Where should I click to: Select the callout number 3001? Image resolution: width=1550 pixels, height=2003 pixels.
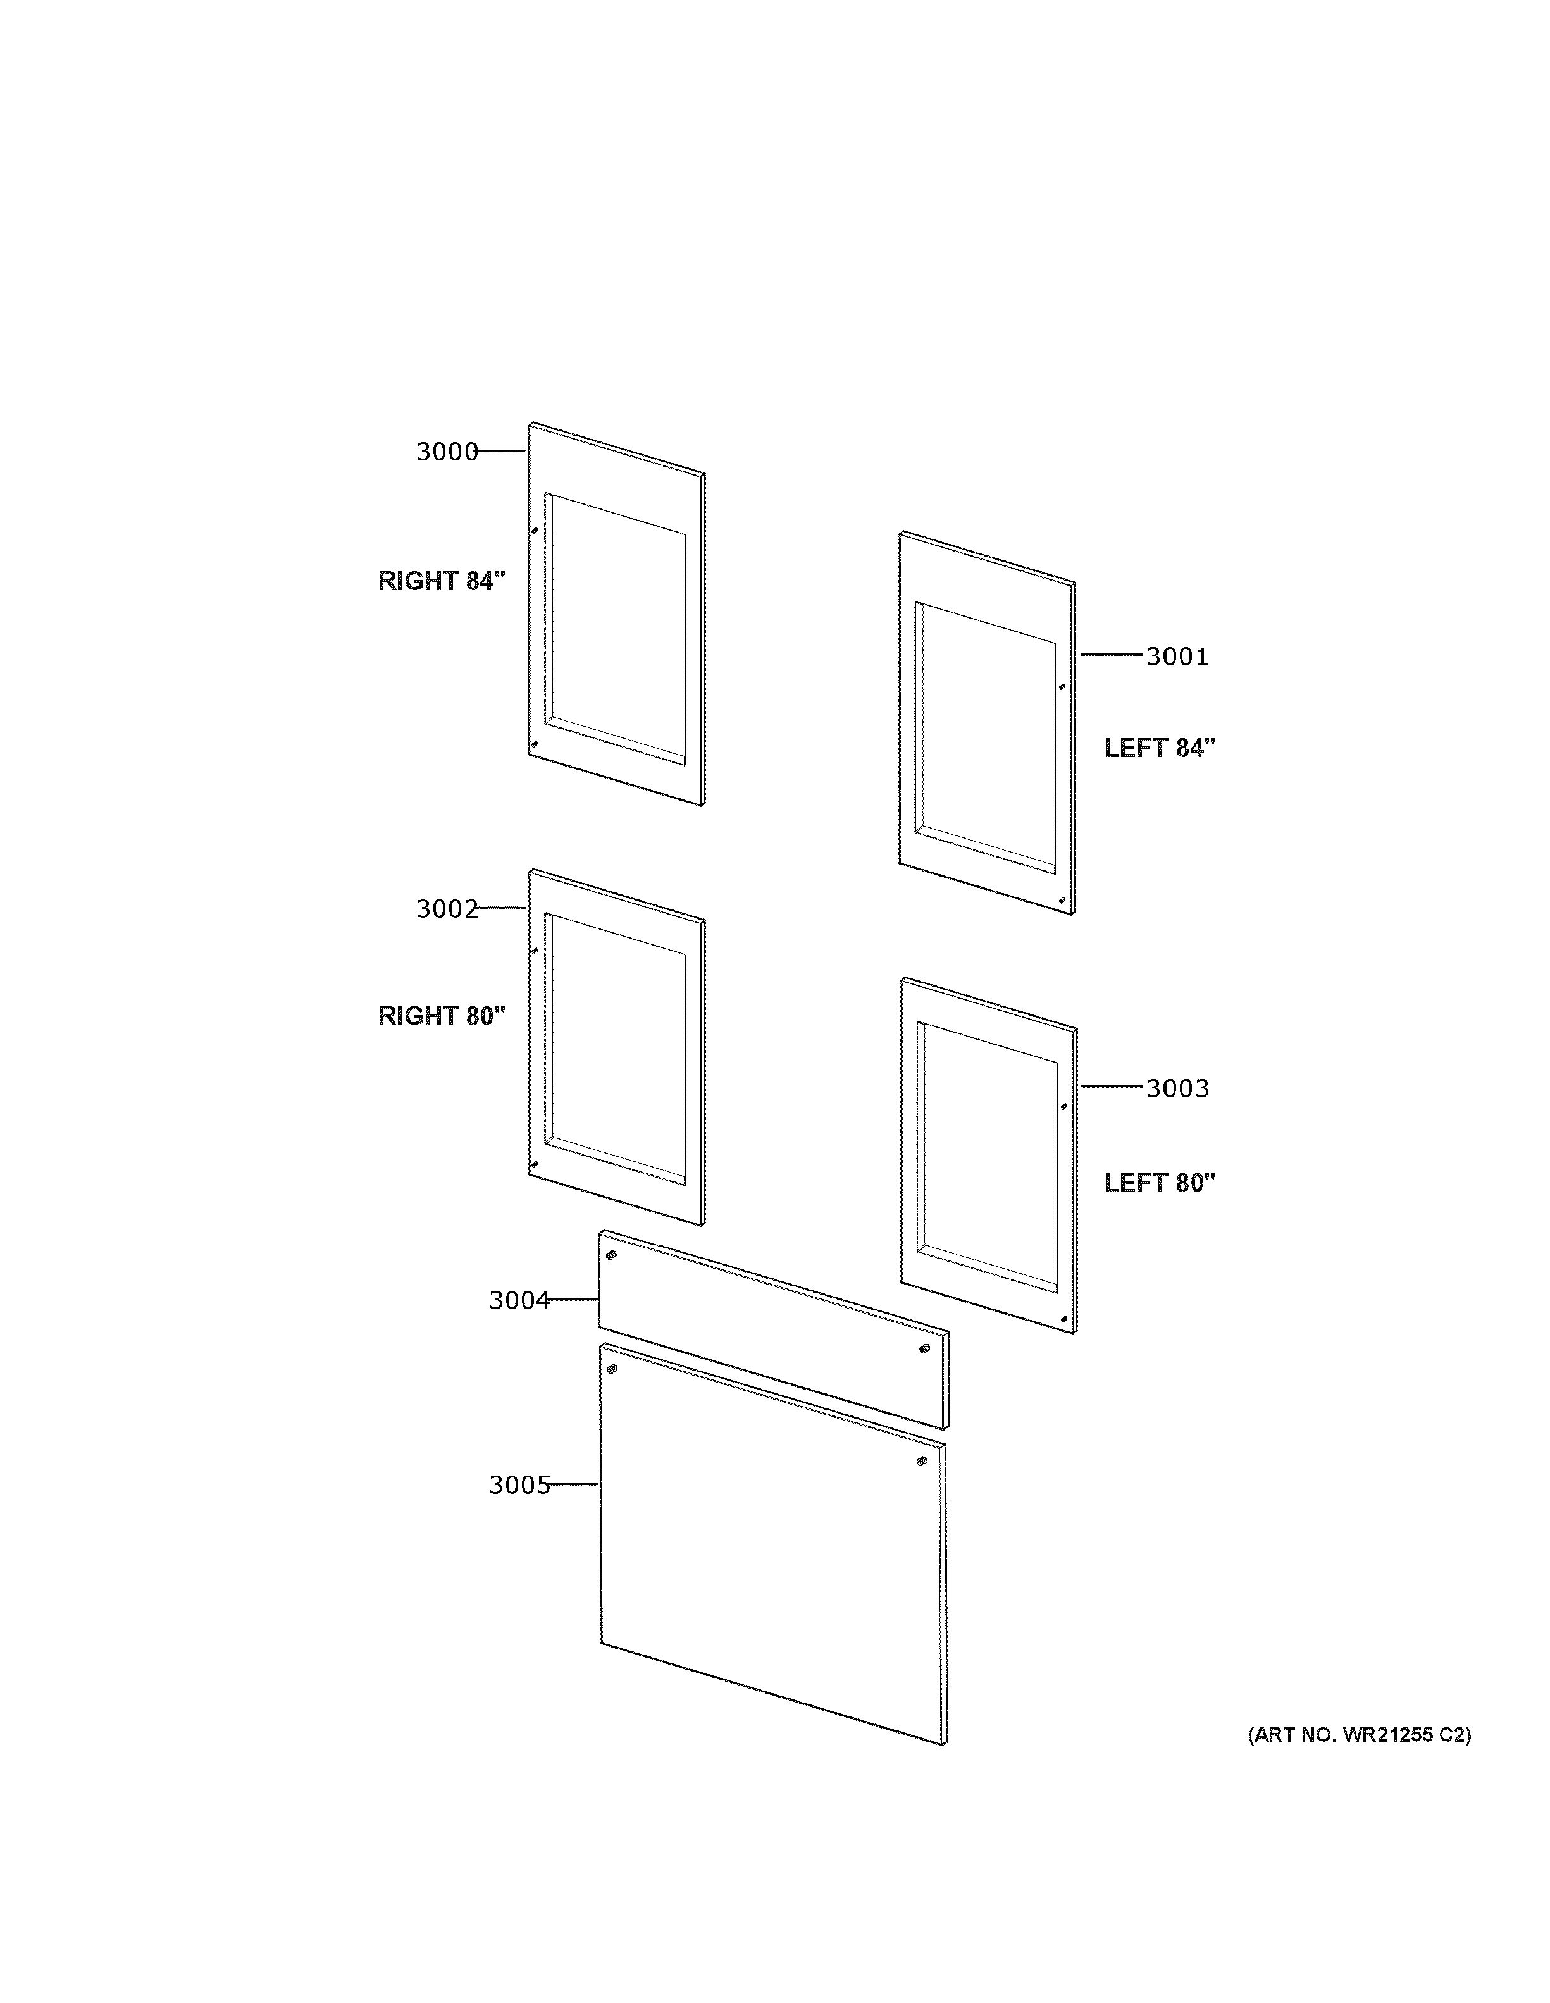point(1177,656)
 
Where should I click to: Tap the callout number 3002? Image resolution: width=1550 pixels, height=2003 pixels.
point(447,909)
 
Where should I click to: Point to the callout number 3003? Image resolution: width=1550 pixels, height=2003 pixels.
point(1177,1088)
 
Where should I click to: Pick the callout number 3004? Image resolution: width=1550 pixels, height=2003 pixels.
point(518,1300)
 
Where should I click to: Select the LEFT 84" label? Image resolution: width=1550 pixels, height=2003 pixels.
point(1159,748)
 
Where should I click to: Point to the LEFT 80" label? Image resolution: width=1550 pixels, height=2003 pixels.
point(1159,1183)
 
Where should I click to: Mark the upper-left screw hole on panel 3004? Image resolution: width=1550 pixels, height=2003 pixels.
point(611,1255)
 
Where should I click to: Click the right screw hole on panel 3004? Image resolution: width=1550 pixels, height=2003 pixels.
point(924,1348)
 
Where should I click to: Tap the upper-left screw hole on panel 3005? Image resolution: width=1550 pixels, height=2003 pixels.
point(612,1369)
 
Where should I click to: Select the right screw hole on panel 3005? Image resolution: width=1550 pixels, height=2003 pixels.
point(922,1461)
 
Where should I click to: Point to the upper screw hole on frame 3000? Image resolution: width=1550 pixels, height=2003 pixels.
point(535,530)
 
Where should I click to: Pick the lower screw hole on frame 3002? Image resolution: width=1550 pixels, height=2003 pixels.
point(534,1165)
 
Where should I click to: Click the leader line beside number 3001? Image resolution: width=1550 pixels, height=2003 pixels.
point(1112,655)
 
